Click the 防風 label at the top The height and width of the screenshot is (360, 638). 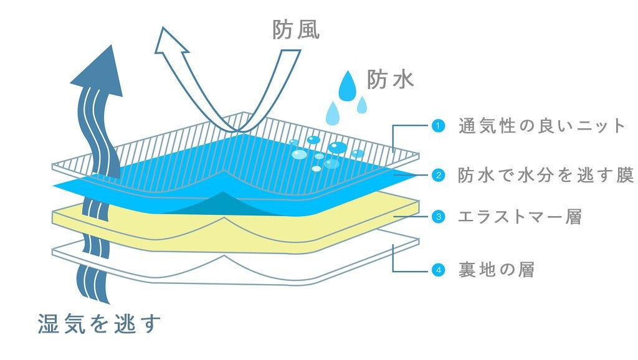(296, 30)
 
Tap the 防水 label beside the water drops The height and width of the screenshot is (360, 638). (391, 79)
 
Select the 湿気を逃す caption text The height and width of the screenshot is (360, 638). (99, 324)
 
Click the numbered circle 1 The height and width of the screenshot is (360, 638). (438, 126)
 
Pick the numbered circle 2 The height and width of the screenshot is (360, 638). (438, 175)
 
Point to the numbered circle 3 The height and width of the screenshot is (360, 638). (438, 217)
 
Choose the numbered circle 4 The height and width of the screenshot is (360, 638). (438, 270)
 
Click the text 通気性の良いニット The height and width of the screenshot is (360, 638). (541, 126)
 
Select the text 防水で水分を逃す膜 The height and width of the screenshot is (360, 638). (546, 175)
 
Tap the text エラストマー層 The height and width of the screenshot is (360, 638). (519, 217)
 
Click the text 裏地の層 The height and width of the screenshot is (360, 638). (496, 270)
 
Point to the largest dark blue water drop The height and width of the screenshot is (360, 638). (346, 87)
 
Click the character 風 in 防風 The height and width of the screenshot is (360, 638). (308, 30)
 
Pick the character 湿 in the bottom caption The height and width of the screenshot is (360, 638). (48, 324)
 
